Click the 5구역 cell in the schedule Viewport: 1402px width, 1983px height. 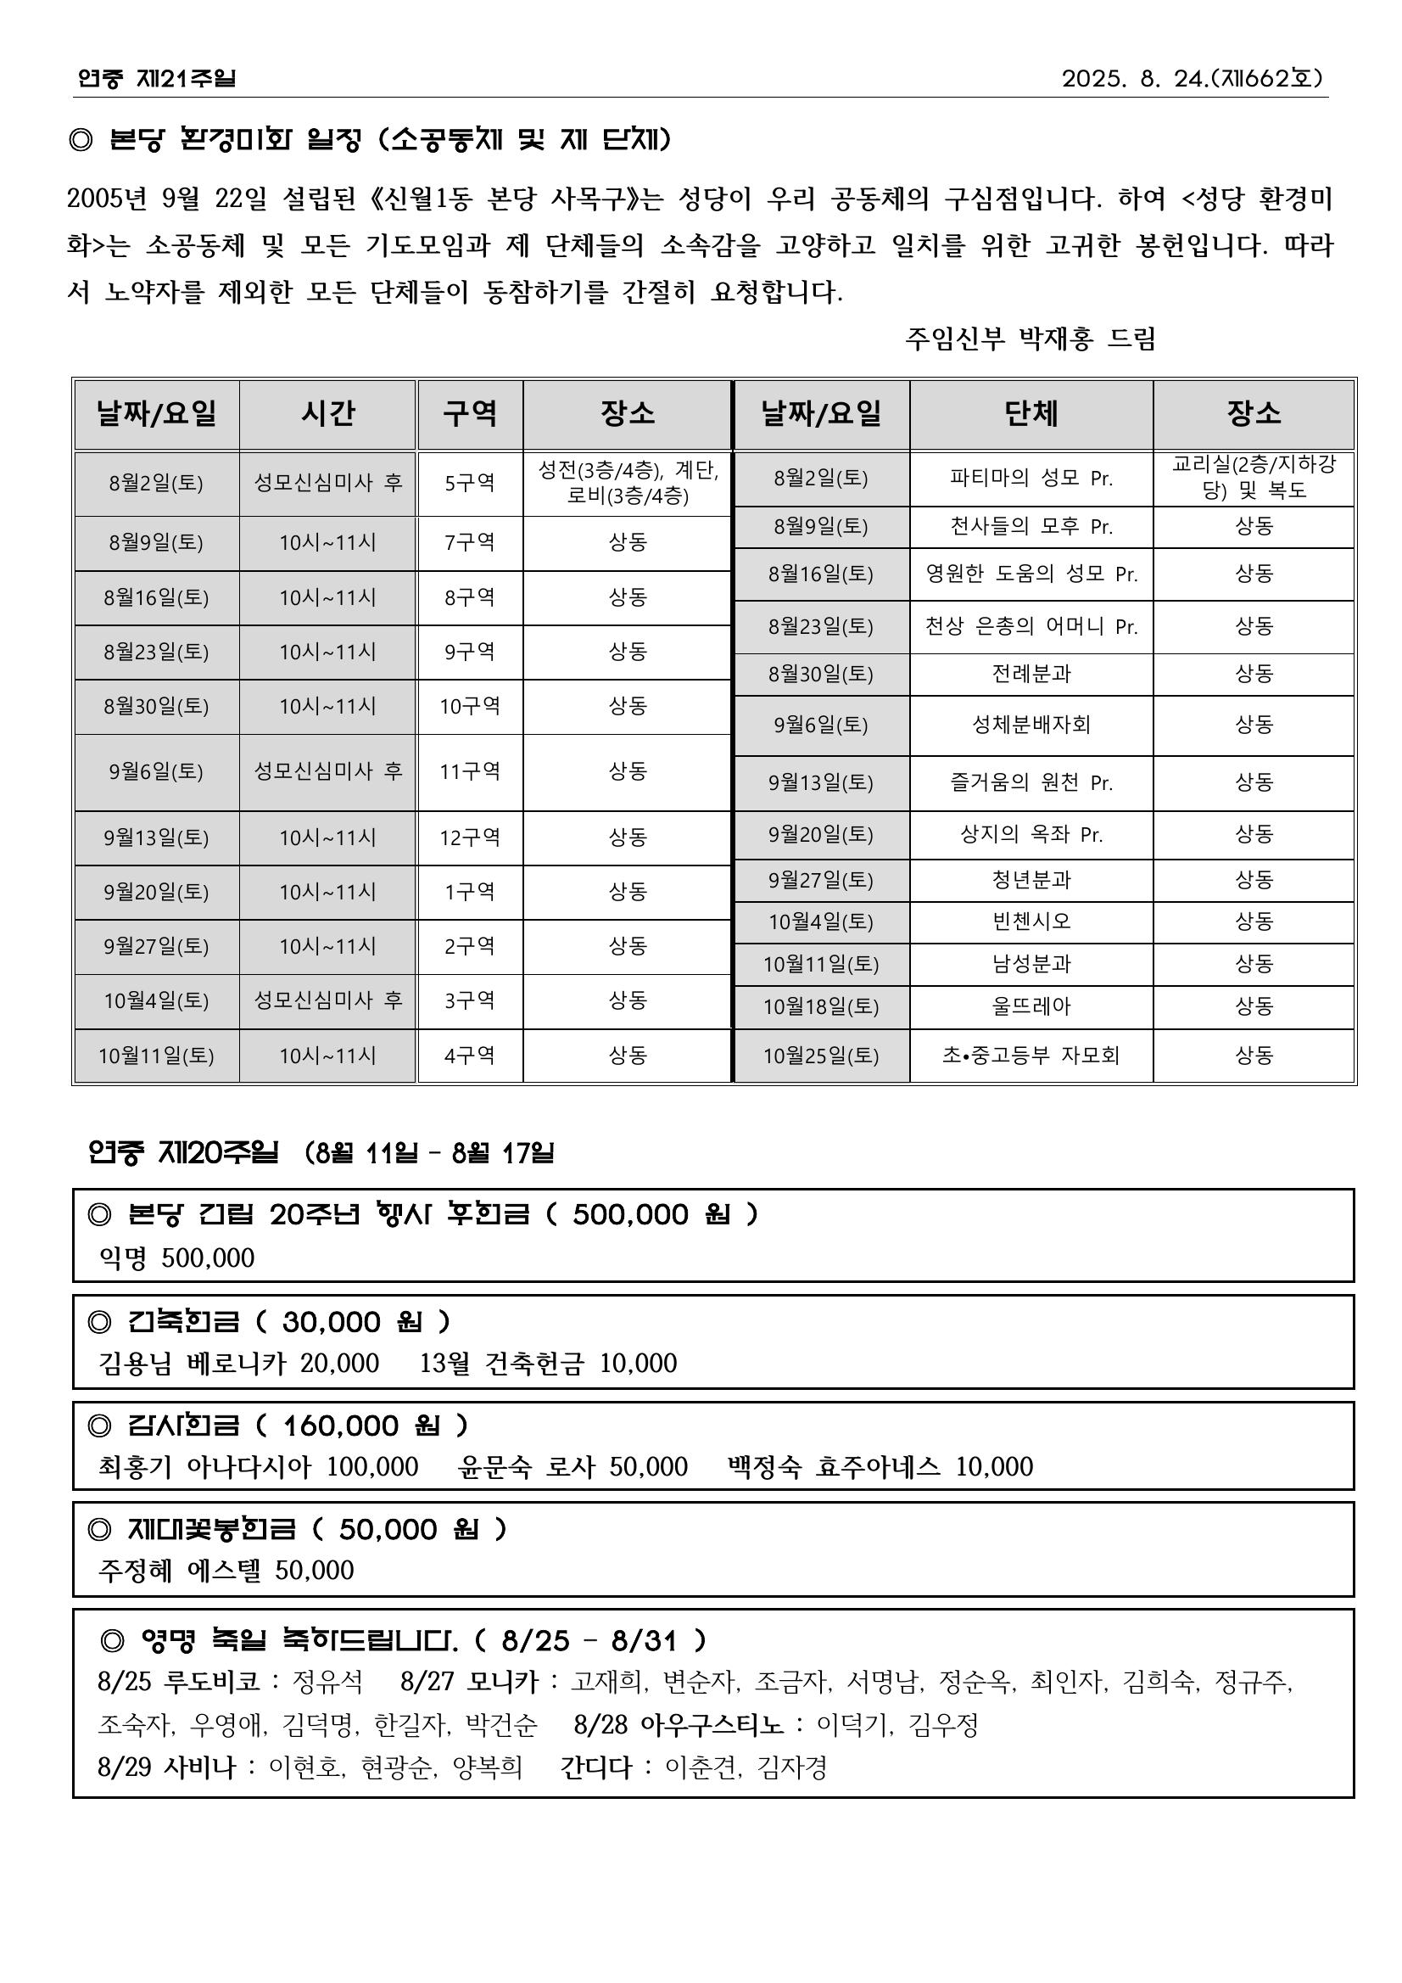point(470,483)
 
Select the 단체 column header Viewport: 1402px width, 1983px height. point(1031,414)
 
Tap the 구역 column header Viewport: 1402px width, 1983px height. point(470,414)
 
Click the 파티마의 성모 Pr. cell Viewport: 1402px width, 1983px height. point(1031,478)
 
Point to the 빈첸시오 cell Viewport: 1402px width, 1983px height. point(1031,921)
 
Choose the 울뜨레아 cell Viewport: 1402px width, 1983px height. point(1031,1006)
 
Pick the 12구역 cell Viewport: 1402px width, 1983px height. point(470,837)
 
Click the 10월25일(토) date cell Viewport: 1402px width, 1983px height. point(820,1056)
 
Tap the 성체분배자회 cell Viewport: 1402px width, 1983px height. point(1031,725)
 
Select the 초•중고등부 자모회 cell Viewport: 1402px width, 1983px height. point(1031,1056)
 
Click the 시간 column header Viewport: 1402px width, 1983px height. point(327,414)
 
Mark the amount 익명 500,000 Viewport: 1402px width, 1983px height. point(177,1258)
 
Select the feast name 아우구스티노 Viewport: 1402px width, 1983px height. point(712,1725)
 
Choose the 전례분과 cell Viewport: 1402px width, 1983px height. point(1031,674)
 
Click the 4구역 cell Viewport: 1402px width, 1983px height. point(470,1056)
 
